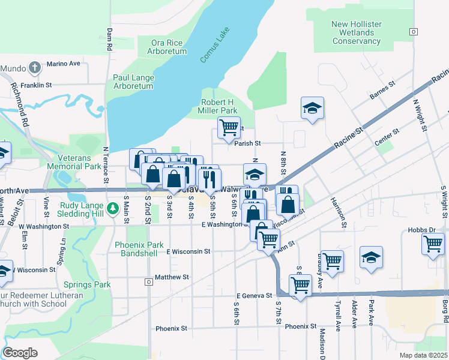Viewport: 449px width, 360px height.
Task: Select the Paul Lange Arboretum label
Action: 133,82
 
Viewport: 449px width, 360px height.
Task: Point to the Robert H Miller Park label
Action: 218,106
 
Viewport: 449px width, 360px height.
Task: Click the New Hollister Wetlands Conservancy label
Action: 357,32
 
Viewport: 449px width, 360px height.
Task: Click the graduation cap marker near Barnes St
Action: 312,108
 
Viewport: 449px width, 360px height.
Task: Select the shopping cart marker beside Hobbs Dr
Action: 432,244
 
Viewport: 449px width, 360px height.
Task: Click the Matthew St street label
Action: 172,277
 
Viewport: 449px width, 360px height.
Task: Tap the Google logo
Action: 20,353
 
